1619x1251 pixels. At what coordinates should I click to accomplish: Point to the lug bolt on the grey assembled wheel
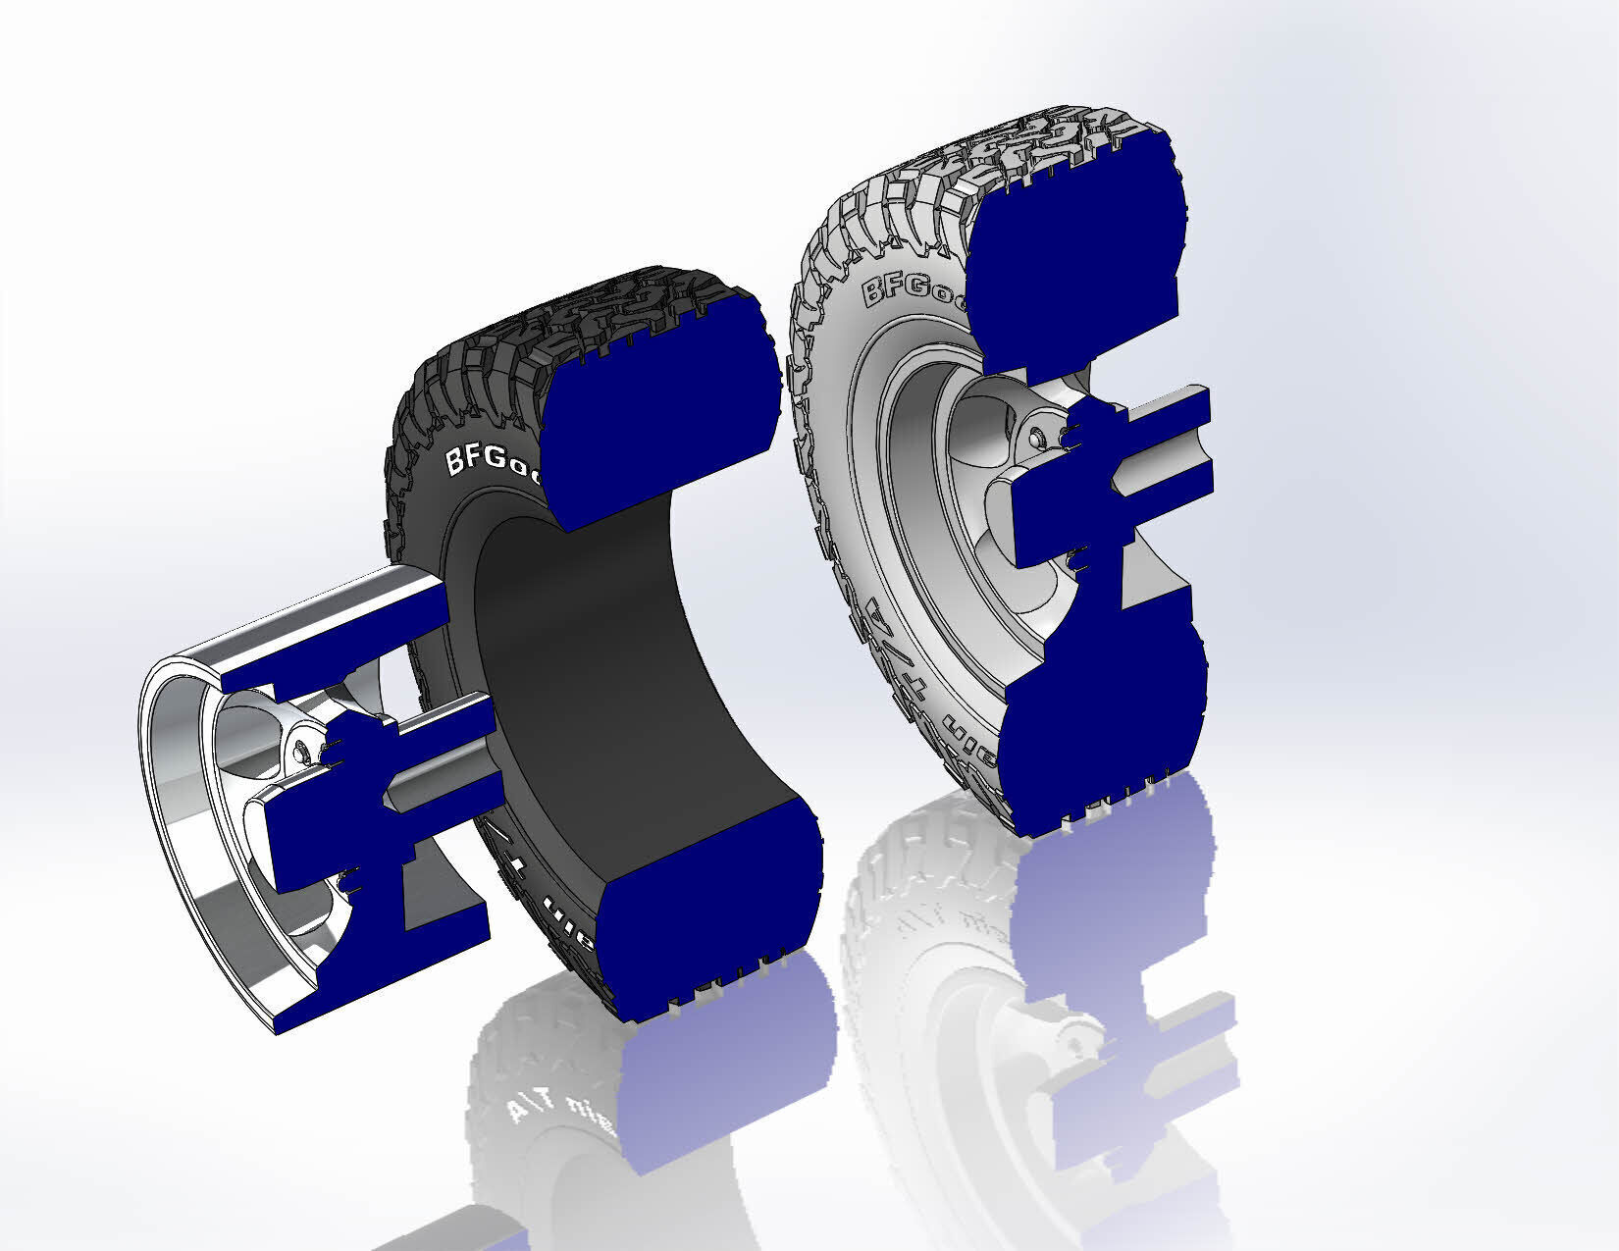point(1037,434)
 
